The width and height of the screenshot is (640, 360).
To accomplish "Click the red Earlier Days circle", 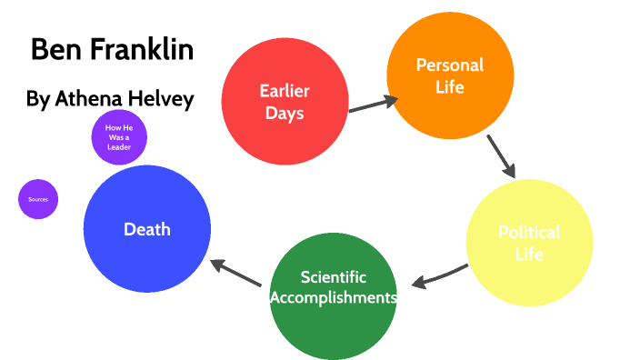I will (x=285, y=102).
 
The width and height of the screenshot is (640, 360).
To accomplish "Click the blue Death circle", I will (x=147, y=229).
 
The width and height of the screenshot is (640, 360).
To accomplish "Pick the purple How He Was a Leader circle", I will (x=119, y=137).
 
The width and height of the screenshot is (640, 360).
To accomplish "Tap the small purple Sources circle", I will (x=38, y=199).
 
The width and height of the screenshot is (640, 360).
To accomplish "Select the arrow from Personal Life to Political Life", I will (x=501, y=156).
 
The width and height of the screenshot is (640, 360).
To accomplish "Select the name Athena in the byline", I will (x=91, y=99).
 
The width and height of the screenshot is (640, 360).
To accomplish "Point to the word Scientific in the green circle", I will (x=334, y=277).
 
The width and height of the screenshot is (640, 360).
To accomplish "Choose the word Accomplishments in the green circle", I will (x=334, y=297).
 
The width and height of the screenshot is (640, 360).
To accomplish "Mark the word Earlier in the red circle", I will (x=285, y=91).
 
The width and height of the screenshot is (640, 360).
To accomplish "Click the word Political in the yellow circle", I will (x=529, y=232).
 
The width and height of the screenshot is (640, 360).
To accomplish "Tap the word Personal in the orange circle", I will (x=449, y=65).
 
